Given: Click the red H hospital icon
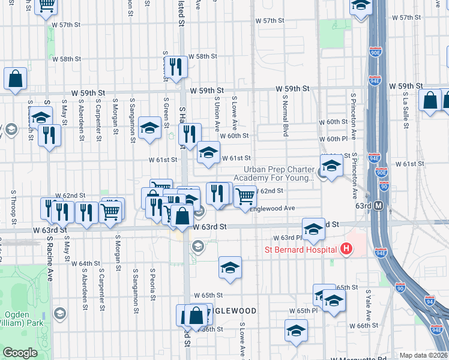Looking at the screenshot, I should (346, 248).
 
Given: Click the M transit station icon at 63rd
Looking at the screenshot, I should (379, 206).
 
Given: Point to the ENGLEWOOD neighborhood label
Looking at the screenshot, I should (233, 311).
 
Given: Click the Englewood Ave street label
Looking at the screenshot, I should (273, 208).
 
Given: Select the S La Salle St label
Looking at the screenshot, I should (406, 111).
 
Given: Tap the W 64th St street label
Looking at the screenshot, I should (85, 263).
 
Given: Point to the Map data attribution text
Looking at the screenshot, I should (423, 355).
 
